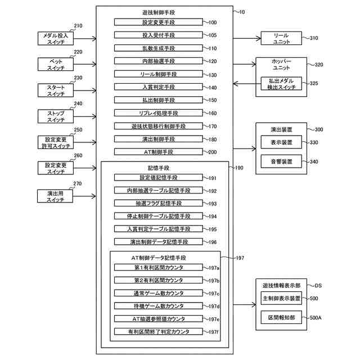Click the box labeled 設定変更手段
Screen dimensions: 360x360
[159, 22]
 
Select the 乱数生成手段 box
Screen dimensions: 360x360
[159, 48]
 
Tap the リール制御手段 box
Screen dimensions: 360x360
[159, 74]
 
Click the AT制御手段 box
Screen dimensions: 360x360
[159, 152]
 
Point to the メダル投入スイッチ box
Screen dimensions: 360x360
[56, 38]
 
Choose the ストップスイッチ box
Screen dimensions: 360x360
[56, 116]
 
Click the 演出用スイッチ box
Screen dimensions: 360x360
[55, 196]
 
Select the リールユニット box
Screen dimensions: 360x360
[281, 38]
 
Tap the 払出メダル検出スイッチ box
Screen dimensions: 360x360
[281, 84]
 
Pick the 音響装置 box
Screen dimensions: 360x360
[281, 161]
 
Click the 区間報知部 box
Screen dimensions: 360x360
[281, 317]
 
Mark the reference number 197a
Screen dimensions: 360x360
[214, 268]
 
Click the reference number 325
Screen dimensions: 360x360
[314, 83]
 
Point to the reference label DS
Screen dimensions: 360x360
[318, 286]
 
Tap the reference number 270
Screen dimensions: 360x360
[78, 183]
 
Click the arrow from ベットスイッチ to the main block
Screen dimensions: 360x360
[85, 64]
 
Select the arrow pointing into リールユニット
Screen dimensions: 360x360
[247, 38]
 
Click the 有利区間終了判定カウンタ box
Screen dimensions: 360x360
[159, 331]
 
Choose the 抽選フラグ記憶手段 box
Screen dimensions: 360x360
[159, 203]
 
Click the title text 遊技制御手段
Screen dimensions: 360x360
[159, 12]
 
